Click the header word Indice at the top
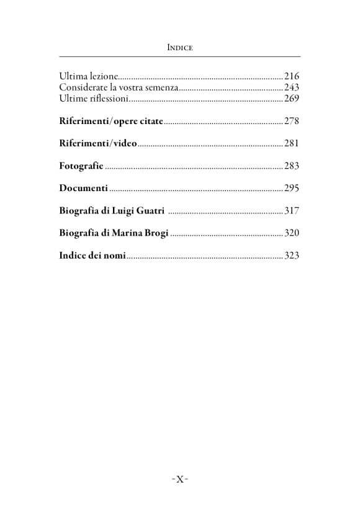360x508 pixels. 179,47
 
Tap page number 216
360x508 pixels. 292,76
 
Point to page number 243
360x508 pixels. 292,87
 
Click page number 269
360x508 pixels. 292,99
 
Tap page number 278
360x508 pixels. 292,121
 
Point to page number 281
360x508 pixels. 292,143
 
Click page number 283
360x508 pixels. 292,166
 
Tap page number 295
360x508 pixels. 292,188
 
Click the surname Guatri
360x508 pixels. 150,211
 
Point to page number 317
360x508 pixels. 292,211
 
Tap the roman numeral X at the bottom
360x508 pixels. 179,479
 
